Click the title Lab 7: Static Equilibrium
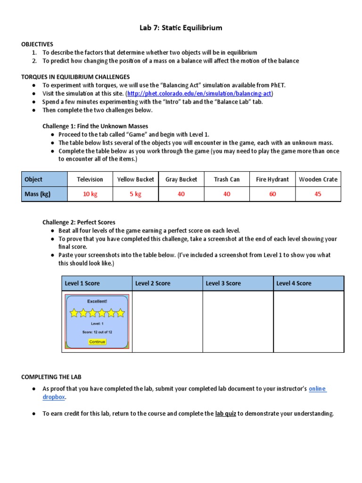pyautogui.click(x=181, y=28)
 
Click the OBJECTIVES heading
pyautogui.click(x=37, y=44)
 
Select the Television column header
pyautogui.click(x=90, y=179)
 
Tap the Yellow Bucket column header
pyautogui.click(x=136, y=179)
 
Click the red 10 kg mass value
pyautogui.click(x=90, y=194)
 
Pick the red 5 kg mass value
pyautogui.click(x=136, y=194)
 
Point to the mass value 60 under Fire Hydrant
pyautogui.click(x=272, y=194)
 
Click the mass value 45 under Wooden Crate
pyautogui.click(x=318, y=194)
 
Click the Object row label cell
pyautogui.click(x=33, y=179)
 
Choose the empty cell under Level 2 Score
pyautogui.click(x=167, y=321)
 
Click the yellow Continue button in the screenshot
pyautogui.click(x=97, y=341)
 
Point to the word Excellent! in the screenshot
pyautogui.click(x=97, y=301)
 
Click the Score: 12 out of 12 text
pyautogui.click(x=97, y=332)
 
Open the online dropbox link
pyautogui.click(x=317, y=389)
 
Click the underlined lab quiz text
pyautogui.click(x=225, y=414)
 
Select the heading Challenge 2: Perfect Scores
pyautogui.click(x=79, y=222)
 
